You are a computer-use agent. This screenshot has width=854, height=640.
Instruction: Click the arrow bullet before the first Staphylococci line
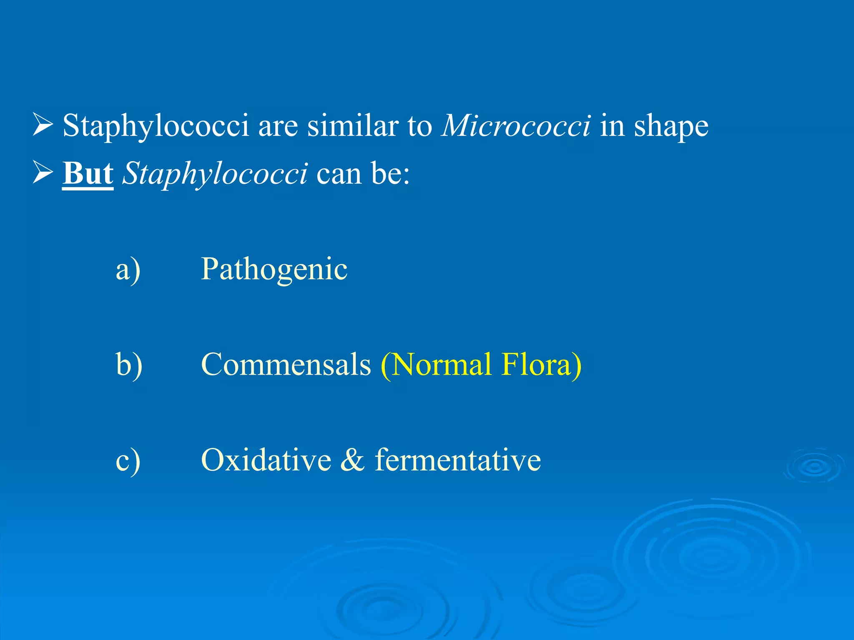click(x=43, y=125)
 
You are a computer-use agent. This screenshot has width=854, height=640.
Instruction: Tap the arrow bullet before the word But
click(x=43, y=173)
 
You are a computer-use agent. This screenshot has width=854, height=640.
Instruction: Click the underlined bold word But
click(x=88, y=173)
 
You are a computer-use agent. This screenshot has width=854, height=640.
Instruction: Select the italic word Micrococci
click(x=516, y=125)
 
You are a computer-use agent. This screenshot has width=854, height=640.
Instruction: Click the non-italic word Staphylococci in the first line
click(x=156, y=126)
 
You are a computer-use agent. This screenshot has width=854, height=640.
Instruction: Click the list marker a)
click(x=128, y=269)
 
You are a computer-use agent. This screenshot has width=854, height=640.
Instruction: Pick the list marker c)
click(x=128, y=460)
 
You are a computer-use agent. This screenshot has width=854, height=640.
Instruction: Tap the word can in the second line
click(x=339, y=173)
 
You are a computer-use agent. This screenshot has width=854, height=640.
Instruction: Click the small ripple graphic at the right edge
click(x=814, y=466)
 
